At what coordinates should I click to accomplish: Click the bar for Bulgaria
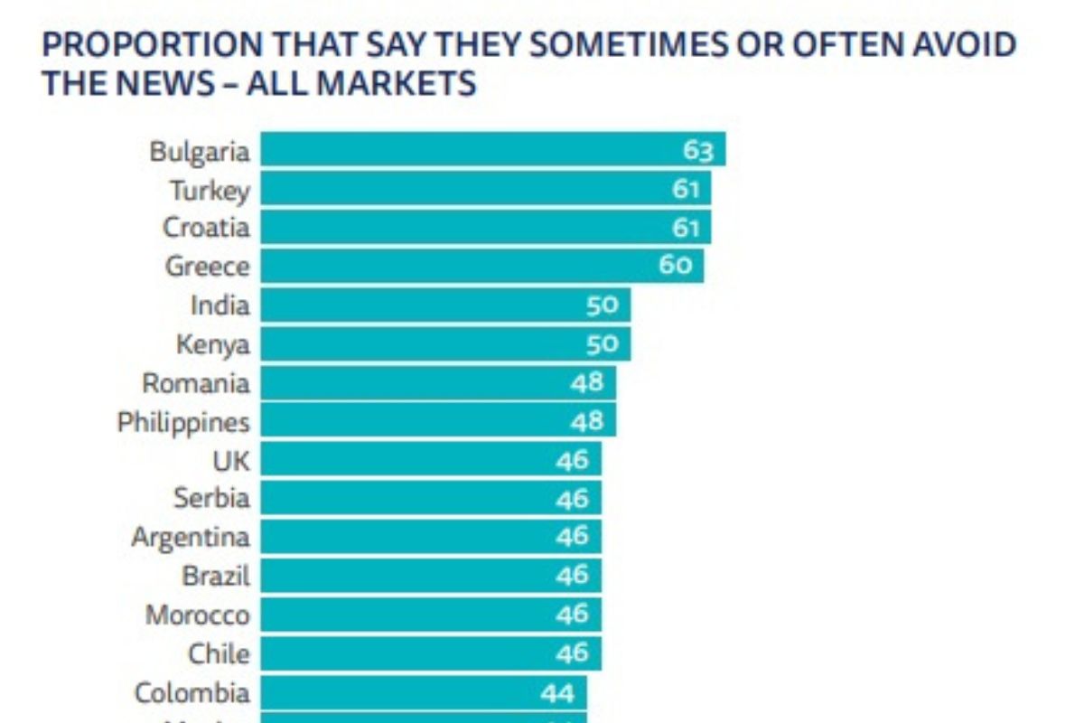click(x=492, y=150)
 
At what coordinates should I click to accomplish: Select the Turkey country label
click(x=210, y=190)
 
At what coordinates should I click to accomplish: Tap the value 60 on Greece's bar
click(x=675, y=266)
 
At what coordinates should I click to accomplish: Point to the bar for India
click(x=445, y=305)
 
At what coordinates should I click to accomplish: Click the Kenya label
click(x=212, y=344)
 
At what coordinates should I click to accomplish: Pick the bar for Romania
click(x=438, y=383)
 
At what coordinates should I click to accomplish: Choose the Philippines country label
click(x=183, y=422)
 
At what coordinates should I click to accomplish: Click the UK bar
click(x=431, y=460)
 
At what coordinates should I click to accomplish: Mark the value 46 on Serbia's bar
click(x=573, y=499)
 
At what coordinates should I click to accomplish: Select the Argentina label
click(x=191, y=537)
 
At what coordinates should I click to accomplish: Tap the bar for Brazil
click(x=431, y=576)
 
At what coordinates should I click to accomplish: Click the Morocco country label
click(x=198, y=615)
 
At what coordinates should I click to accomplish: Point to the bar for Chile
click(x=431, y=653)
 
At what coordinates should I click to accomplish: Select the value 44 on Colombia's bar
click(x=558, y=693)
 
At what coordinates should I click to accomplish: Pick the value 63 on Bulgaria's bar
click(x=698, y=150)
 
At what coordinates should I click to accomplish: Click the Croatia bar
click(x=485, y=227)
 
